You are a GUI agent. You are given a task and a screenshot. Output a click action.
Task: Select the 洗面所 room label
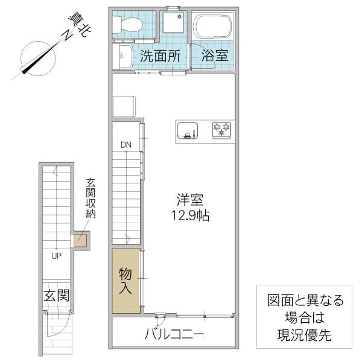pyautogui.click(x=160, y=57)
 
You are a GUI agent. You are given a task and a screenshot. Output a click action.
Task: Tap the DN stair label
pyautogui.click(x=125, y=145)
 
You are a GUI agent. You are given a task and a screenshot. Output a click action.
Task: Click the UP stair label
pyautogui.click(x=56, y=255)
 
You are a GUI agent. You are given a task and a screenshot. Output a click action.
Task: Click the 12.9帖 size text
pyautogui.click(x=190, y=216)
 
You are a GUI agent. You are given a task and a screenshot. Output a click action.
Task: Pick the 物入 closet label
pyautogui.click(x=125, y=280)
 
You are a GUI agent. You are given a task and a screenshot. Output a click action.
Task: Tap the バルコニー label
pyautogui.click(x=174, y=334)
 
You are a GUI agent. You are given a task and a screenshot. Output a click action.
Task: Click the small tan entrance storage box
pyautogui.click(x=80, y=240)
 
